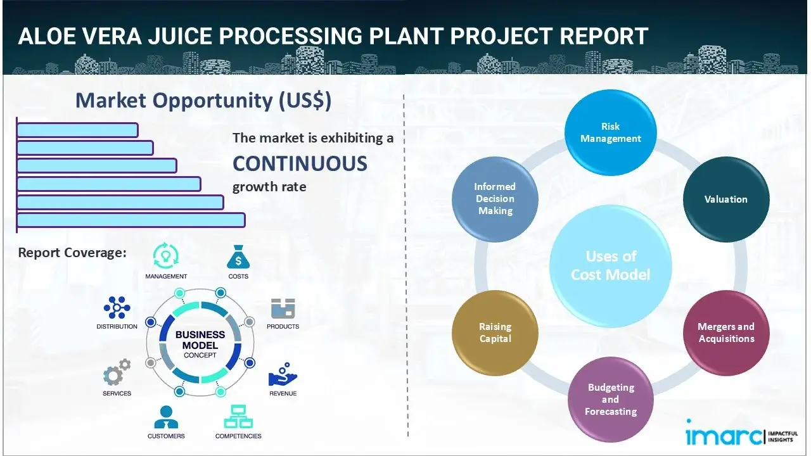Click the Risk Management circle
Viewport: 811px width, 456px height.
611,132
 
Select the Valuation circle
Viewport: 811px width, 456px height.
726,199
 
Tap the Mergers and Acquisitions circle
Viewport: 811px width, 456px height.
726,332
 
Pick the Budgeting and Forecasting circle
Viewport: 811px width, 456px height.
611,399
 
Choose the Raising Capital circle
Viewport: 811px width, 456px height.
495,332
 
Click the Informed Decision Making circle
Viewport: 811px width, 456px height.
495,199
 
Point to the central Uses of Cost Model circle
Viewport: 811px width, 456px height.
611,265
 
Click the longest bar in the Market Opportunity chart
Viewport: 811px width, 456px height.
131,220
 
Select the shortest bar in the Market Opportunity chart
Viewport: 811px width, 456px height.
77,130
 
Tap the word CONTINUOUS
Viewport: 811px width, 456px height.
300,163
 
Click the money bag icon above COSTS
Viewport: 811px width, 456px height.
238,258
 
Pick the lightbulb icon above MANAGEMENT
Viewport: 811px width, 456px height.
166,256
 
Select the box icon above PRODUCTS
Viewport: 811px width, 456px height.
283,308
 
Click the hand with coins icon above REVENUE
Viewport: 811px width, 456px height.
283,375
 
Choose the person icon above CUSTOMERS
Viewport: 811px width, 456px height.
166,417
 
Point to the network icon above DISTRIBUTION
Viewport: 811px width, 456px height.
117,308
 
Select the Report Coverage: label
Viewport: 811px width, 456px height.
72,253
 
